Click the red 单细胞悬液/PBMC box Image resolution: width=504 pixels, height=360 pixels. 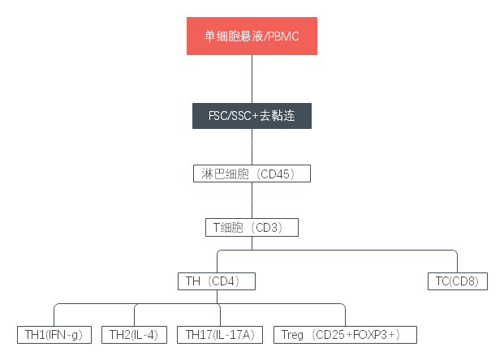pos(252,36)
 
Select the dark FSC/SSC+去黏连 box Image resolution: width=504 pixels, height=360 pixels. pos(252,116)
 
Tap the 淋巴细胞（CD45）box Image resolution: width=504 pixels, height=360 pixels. pos(252,174)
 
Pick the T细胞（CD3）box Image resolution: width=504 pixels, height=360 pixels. pos(252,228)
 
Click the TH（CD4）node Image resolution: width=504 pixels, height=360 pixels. pos(217,281)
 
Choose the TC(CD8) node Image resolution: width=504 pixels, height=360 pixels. pos(457,281)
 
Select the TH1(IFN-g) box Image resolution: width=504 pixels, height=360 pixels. pos(54,334)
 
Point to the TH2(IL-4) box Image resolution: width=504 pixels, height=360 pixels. pos(134,334)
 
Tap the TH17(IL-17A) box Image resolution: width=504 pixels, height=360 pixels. pos(220,334)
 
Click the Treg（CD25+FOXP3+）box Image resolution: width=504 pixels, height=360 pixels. pos(346,334)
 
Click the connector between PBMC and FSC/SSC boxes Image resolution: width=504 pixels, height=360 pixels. pos(252,79)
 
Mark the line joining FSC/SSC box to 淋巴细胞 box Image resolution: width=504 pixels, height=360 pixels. pos(252,147)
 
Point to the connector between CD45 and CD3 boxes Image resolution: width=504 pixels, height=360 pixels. pos(252,200)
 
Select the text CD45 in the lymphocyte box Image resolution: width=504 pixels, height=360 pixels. pos(281,174)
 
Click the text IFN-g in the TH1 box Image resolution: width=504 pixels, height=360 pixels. pos(66,334)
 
